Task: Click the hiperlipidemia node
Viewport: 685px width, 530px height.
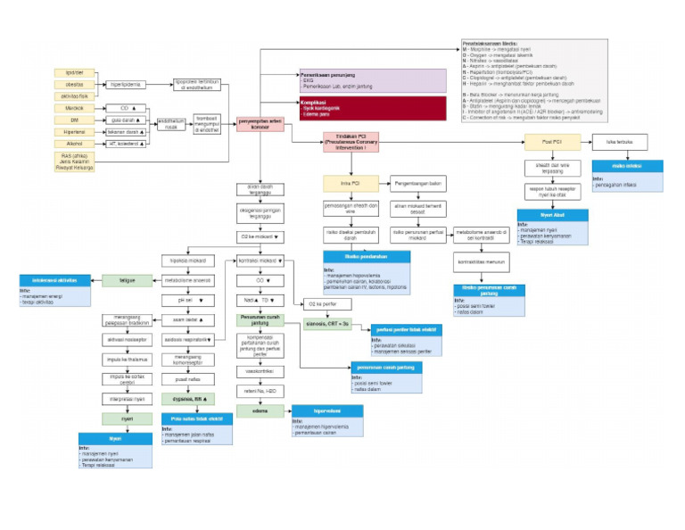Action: click(x=128, y=85)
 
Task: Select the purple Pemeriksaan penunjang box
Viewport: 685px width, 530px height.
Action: click(x=371, y=80)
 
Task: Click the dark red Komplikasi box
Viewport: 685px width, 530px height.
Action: click(x=371, y=109)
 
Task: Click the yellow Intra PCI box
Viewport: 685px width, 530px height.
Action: click(x=350, y=184)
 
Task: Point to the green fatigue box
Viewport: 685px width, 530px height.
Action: click(x=127, y=280)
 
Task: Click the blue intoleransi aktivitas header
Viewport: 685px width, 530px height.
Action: click(x=56, y=280)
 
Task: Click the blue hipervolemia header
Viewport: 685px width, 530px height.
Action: click(x=327, y=411)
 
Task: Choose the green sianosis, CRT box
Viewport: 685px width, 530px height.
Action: click(x=327, y=323)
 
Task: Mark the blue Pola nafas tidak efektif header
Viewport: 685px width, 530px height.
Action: click(x=196, y=416)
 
